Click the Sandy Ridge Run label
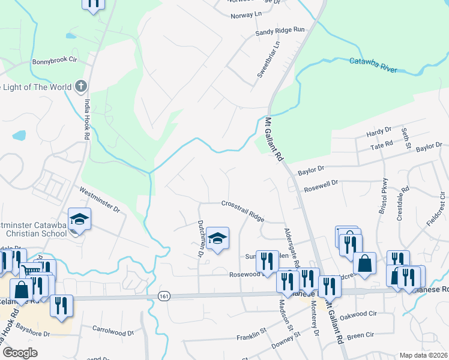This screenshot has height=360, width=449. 280,31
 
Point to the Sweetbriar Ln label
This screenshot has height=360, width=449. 268,59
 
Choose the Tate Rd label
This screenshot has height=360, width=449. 381,144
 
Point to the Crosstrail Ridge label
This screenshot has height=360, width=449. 243,210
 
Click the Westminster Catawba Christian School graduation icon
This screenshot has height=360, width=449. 79,219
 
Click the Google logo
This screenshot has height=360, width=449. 20,353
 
